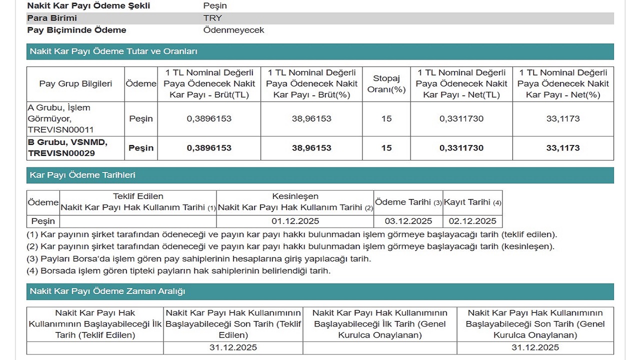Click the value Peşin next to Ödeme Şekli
215,6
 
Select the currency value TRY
212,18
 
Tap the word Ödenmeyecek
233,30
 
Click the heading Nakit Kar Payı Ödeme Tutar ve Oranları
113,51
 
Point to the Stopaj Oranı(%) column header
386,83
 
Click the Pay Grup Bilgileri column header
75,83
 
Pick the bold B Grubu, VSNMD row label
67,148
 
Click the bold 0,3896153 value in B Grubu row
209,148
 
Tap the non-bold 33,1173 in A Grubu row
563,119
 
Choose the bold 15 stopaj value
386,148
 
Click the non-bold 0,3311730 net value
461,119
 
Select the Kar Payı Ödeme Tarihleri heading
82,175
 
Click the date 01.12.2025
295,221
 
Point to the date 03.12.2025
408,221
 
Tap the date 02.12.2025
472,221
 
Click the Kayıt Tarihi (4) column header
472,202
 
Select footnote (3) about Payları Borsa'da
198,259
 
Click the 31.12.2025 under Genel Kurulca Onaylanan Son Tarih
535,347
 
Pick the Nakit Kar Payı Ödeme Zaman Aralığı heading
107,291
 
